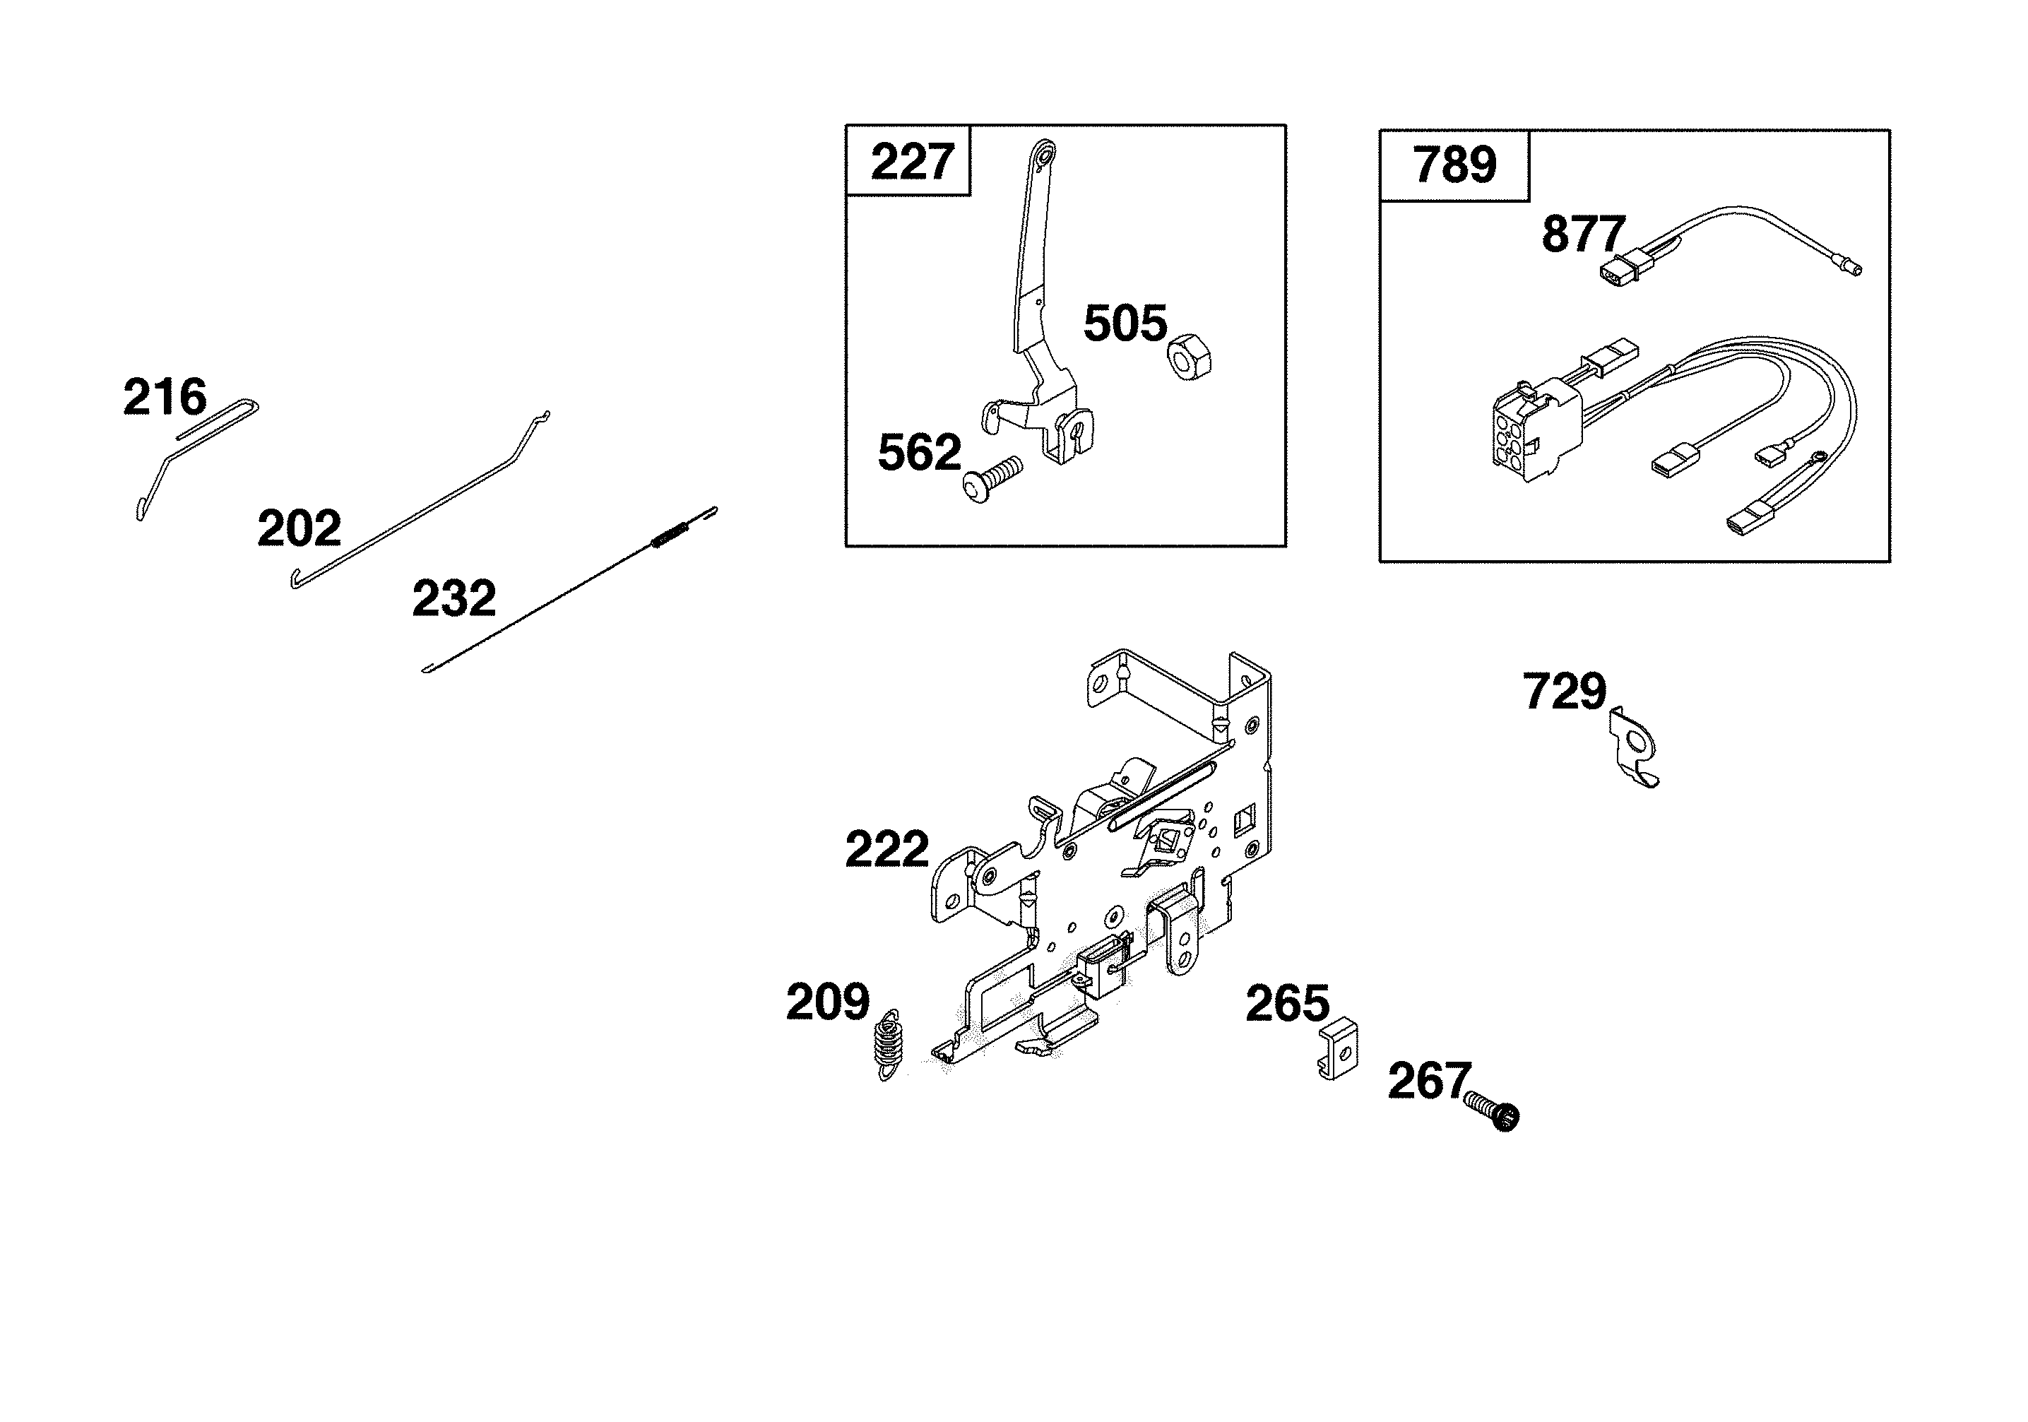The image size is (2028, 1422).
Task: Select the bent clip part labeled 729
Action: click(x=1633, y=747)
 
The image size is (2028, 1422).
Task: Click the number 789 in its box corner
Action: click(x=1454, y=165)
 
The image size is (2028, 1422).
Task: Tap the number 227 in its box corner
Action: click(x=911, y=162)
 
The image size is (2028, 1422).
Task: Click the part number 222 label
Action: click(x=886, y=850)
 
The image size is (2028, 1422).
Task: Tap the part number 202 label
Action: click(x=299, y=529)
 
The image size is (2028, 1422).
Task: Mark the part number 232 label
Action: click(x=454, y=599)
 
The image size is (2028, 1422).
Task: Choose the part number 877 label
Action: click(x=1583, y=235)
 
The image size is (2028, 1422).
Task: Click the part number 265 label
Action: click(x=1287, y=1005)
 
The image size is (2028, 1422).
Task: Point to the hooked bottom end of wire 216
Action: click(x=141, y=509)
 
